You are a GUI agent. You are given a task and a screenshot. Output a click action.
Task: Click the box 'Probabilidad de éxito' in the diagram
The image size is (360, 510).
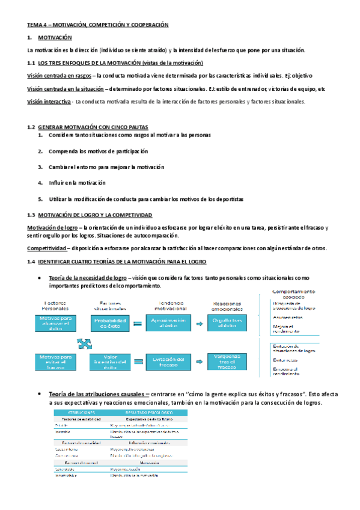click(x=111, y=323)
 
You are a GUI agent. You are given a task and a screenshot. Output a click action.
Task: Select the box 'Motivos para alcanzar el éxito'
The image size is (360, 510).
click(x=55, y=323)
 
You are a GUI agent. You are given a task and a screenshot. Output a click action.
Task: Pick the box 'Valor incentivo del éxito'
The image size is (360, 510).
click(x=111, y=361)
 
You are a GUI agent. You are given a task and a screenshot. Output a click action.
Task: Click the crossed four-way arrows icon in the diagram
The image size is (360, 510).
click(x=85, y=342)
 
